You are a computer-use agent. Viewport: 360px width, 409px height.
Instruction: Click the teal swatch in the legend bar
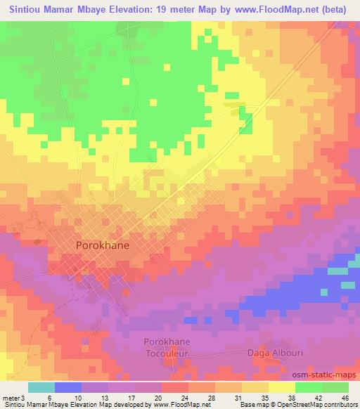(41, 387)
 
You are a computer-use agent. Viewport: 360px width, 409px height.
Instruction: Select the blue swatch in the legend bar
(68, 387)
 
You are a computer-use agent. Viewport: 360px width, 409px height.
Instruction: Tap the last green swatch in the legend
(335, 387)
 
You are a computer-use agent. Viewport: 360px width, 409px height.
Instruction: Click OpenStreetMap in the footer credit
(292, 405)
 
